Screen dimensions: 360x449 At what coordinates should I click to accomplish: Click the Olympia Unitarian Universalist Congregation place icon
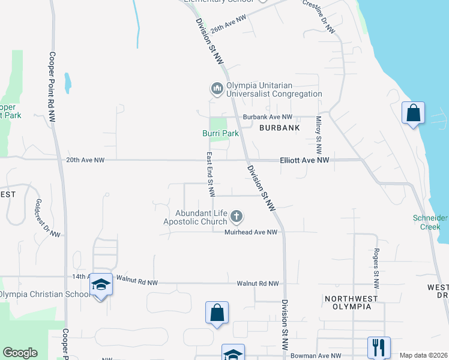[x=217, y=89]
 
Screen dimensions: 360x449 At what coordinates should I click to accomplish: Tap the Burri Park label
[x=220, y=133]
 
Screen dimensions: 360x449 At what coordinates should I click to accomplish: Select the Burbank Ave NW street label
[x=267, y=117]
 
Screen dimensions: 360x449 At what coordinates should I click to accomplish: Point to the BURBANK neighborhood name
[x=279, y=128]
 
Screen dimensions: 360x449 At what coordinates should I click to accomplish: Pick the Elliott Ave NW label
[x=304, y=160]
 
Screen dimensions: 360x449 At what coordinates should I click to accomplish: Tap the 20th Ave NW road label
[x=85, y=160]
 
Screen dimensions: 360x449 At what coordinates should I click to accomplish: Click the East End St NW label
[x=211, y=174]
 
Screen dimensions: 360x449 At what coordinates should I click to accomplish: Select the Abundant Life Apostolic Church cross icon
[x=237, y=216]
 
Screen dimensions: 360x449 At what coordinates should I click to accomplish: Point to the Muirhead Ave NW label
[x=251, y=232]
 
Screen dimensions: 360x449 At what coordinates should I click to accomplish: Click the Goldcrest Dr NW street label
[x=47, y=217]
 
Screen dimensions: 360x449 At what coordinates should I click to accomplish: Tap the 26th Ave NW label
[x=229, y=25]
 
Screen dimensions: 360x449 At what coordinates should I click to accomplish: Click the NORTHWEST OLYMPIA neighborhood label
[x=351, y=302]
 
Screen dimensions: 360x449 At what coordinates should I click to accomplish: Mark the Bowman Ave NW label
[x=316, y=356]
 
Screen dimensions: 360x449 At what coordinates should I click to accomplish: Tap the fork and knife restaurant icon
[x=379, y=346]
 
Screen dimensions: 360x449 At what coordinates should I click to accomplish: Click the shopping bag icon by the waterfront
[x=413, y=113]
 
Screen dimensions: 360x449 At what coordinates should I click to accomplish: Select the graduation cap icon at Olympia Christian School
[x=101, y=284]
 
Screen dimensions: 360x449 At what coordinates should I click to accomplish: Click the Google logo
[x=20, y=353]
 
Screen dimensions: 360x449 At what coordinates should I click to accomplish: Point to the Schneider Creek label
[x=430, y=222]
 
